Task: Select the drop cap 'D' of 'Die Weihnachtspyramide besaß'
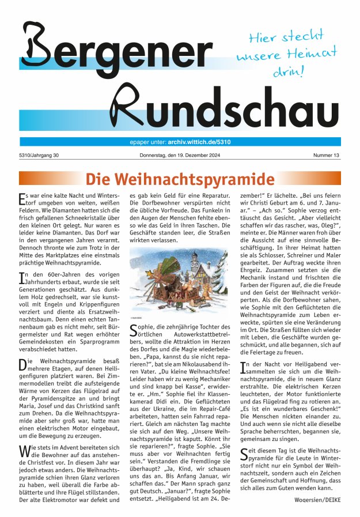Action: click(23, 364)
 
